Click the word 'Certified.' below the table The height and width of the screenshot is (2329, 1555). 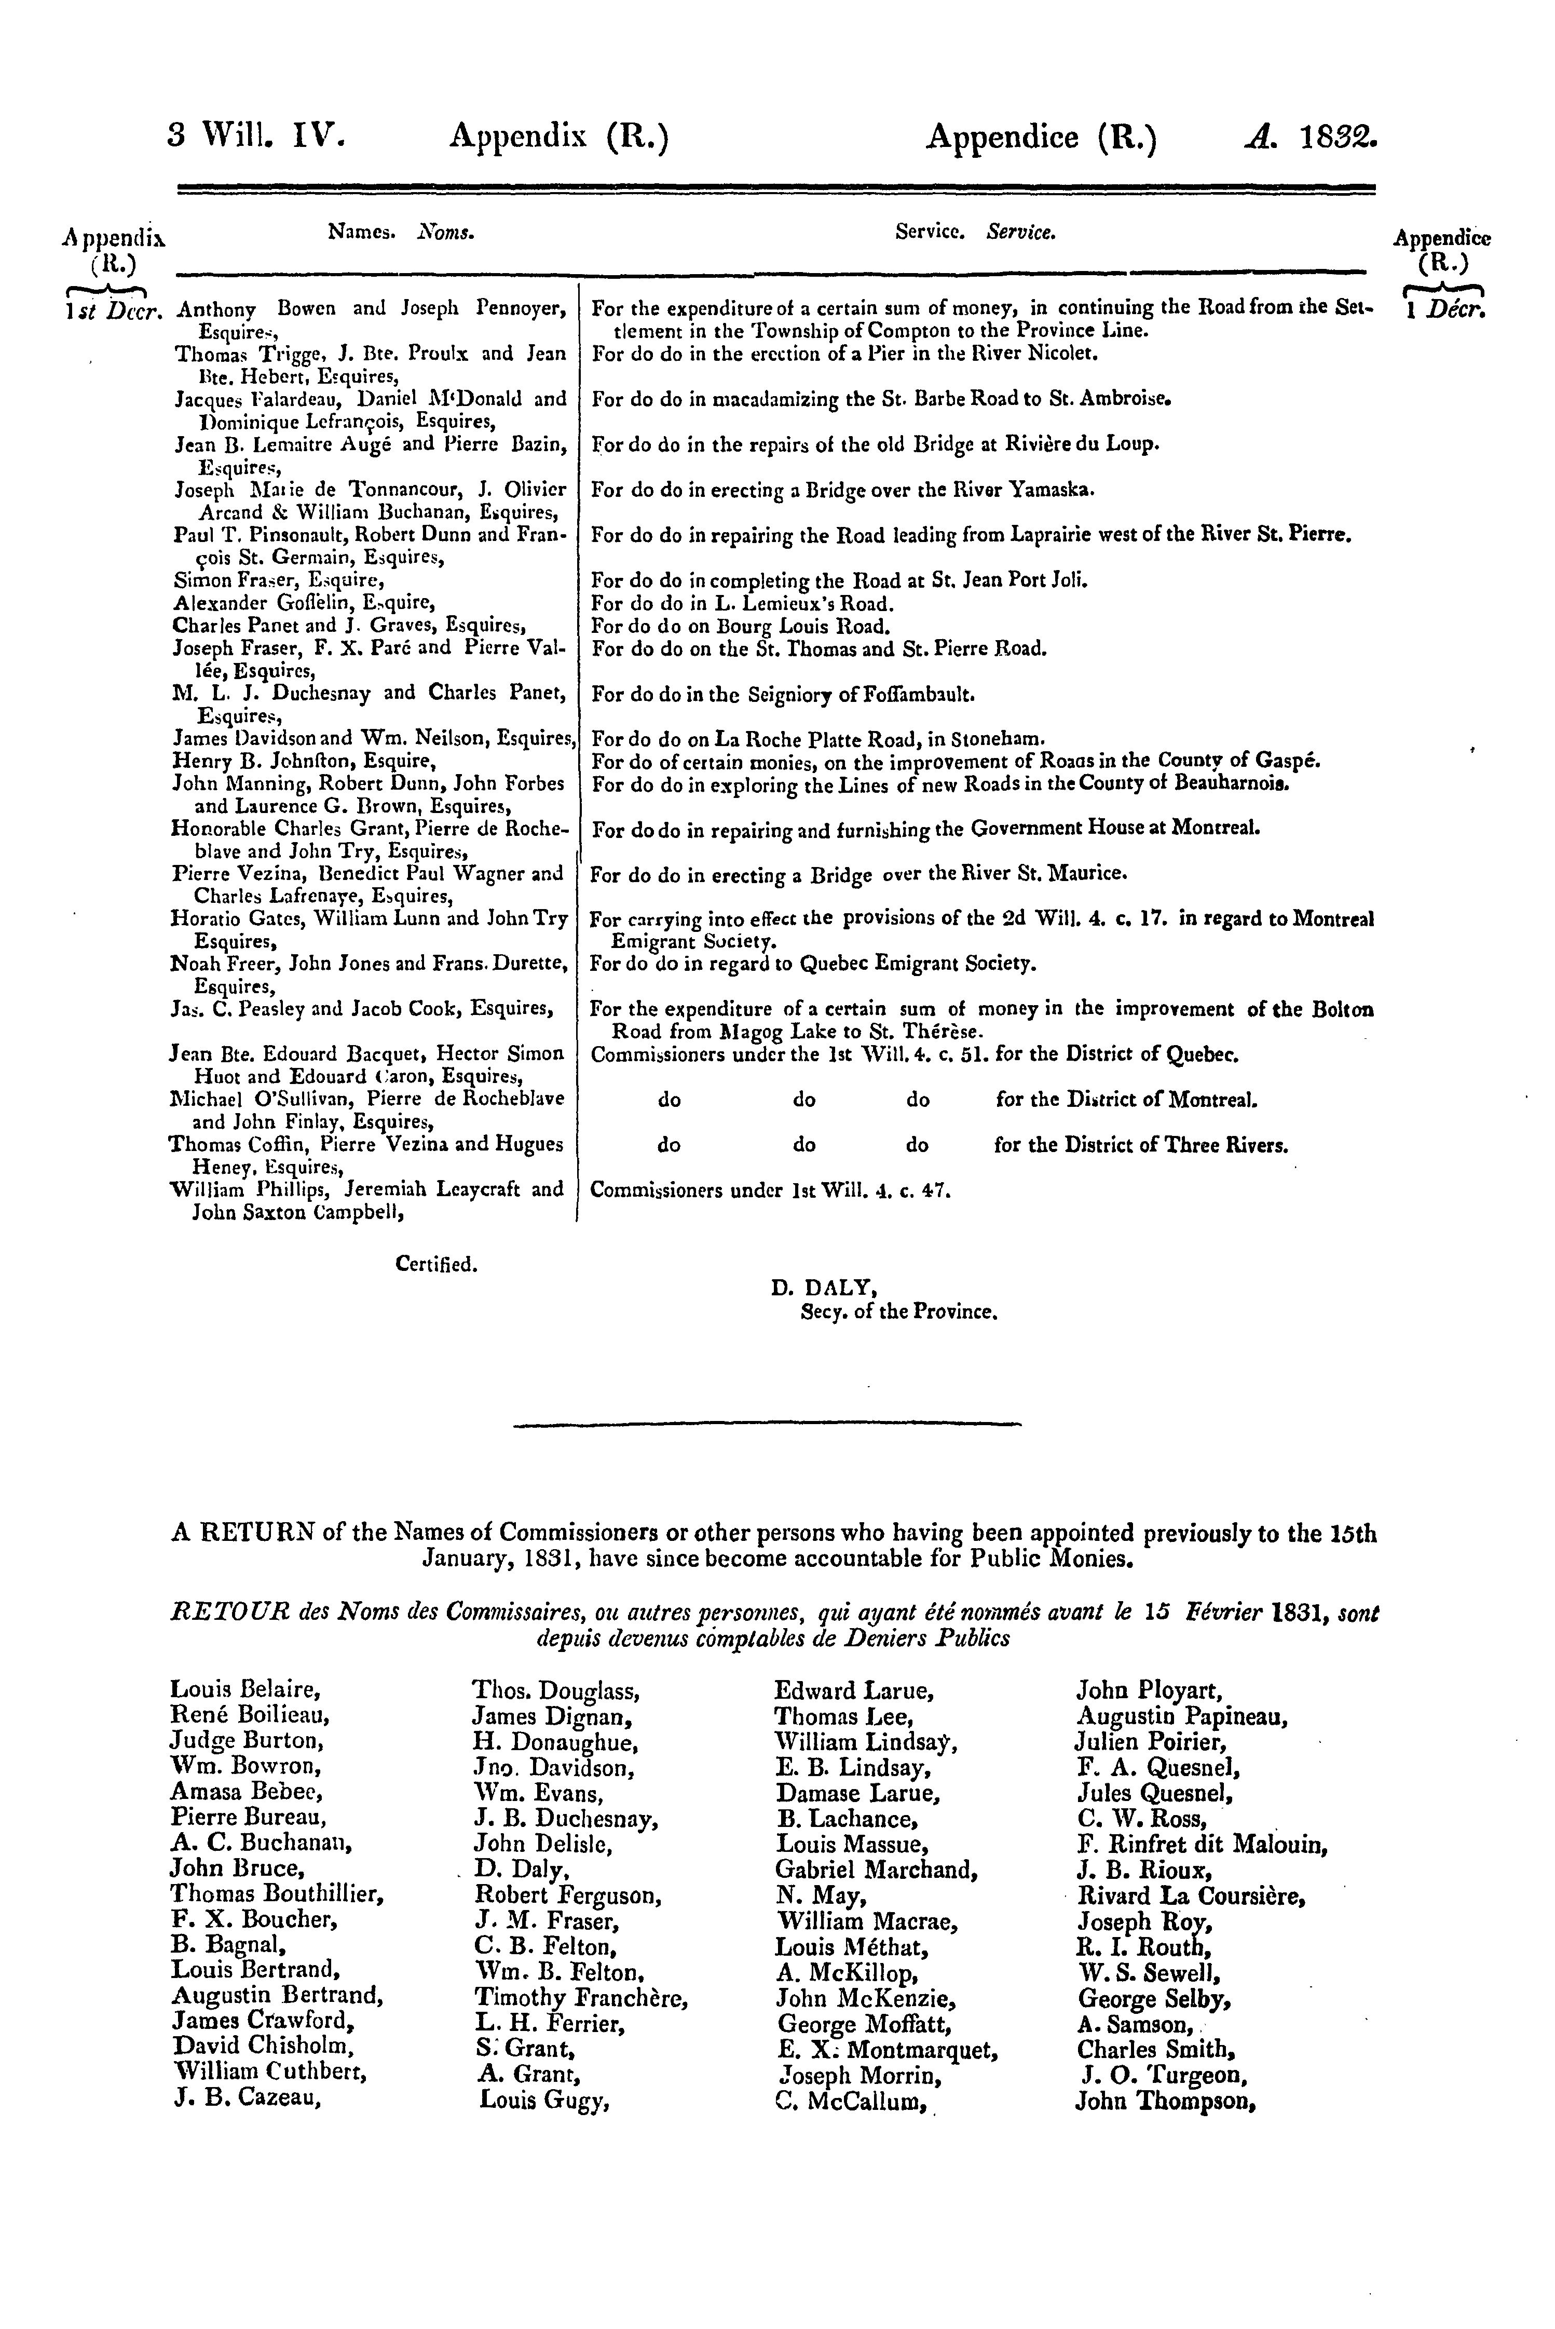pyautogui.click(x=437, y=1265)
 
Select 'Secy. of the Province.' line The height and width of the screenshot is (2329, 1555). pyautogui.click(x=897, y=1312)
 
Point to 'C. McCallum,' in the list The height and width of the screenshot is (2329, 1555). pyautogui.click(x=856, y=2101)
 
